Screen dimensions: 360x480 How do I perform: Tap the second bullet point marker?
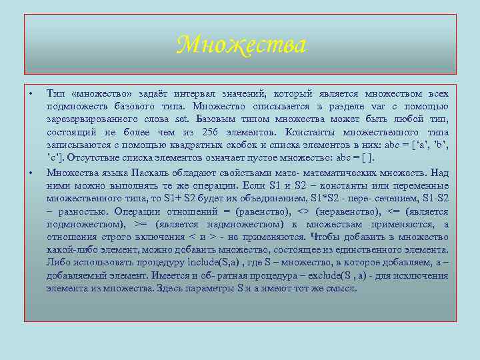(31, 173)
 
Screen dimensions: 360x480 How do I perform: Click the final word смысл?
(342, 289)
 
